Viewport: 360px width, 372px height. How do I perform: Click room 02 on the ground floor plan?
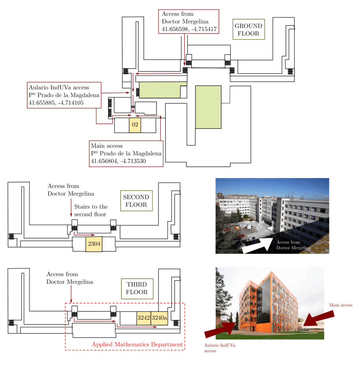click(x=135, y=125)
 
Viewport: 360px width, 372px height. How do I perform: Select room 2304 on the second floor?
click(x=94, y=244)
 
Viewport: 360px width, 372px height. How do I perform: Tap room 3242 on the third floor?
click(x=144, y=318)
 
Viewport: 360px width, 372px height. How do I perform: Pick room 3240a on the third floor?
click(x=159, y=318)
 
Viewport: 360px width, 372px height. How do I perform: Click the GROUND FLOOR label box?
click(x=249, y=29)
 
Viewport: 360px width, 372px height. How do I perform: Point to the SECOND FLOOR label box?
click(x=136, y=201)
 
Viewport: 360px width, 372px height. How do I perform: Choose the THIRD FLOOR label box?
click(x=137, y=288)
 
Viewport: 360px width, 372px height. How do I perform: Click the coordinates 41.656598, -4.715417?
click(x=189, y=29)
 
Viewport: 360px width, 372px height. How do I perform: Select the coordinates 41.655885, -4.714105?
click(x=56, y=103)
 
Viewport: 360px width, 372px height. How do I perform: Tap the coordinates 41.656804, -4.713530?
click(x=118, y=161)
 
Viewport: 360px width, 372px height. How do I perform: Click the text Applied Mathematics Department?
click(x=137, y=344)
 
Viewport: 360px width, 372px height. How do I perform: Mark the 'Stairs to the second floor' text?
click(x=91, y=210)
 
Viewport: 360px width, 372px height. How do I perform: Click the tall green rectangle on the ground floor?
click(x=208, y=107)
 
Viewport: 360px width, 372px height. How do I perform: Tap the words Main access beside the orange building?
click(x=340, y=305)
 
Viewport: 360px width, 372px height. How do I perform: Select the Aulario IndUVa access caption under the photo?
click(x=220, y=348)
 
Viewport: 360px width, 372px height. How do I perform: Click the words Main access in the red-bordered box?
click(x=107, y=146)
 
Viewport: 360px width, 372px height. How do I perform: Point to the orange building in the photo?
click(x=268, y=305)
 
